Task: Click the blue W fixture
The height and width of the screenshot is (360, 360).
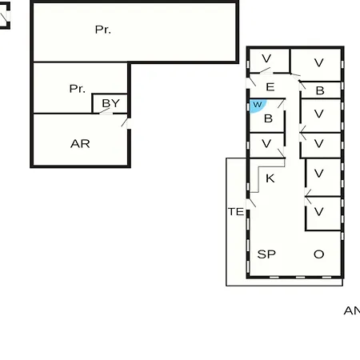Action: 258,106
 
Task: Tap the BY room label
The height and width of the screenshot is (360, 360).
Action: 111,103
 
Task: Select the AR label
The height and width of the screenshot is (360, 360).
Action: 80,144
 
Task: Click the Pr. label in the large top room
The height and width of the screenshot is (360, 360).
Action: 103,30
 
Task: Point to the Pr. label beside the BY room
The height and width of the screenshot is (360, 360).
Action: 78,89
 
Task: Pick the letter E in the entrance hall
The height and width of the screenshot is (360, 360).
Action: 270,87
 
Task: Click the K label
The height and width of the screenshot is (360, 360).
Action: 270,178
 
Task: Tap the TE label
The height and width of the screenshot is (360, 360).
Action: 236,212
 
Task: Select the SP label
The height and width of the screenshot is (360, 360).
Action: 266,254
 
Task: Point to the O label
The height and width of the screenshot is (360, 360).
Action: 319,254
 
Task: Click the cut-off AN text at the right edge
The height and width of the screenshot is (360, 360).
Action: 352,310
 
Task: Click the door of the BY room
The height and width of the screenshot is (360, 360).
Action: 106,112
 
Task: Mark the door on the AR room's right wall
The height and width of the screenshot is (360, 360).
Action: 126,123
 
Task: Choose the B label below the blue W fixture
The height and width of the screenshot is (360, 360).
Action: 268,118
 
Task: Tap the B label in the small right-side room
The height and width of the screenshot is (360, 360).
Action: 320,90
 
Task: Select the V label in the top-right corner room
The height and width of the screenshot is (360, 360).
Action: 319,63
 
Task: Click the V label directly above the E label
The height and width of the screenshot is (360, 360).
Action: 266,58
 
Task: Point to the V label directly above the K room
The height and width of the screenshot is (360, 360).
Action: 266,144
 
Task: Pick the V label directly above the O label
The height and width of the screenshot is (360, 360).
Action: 319,212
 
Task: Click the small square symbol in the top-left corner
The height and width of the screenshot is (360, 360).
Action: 5,15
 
